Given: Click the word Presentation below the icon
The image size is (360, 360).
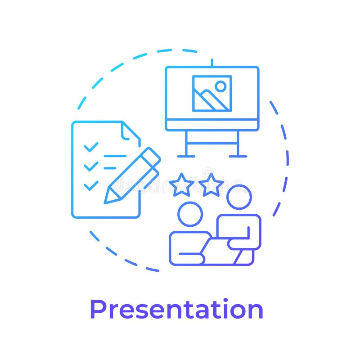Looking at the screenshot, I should pyautogui.click(x=176, y=310).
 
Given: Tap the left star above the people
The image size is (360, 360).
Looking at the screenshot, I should pyautogui.click(x=182, y=185).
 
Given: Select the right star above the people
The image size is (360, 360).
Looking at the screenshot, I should pyautogui.click(x=211, y=185).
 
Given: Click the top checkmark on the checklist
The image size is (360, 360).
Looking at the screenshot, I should pyautogui.click(x=91, y=147).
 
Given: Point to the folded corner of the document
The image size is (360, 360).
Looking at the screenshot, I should pyautogui.click(x=130, y=131).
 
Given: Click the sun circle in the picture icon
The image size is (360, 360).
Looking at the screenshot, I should pyautogui.click(x=220, y=86).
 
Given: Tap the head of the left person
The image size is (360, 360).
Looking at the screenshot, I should pyautogui.click(x=190, y=214).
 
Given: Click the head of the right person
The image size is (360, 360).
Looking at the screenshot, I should pyautogui.click(x=238, y=197).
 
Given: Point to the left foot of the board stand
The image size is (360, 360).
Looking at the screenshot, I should pyautogui.click(x=186, y=156).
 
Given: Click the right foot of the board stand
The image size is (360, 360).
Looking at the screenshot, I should pyautogui.click(x=238, y=156).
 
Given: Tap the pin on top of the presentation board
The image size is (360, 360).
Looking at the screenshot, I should pyautogui.click(x=212, y=62).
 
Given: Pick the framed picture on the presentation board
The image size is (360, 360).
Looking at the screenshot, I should pyautogui.click(x=212, y=93).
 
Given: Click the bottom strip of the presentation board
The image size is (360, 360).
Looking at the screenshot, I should pyautogui.click(x=212, y=125).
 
